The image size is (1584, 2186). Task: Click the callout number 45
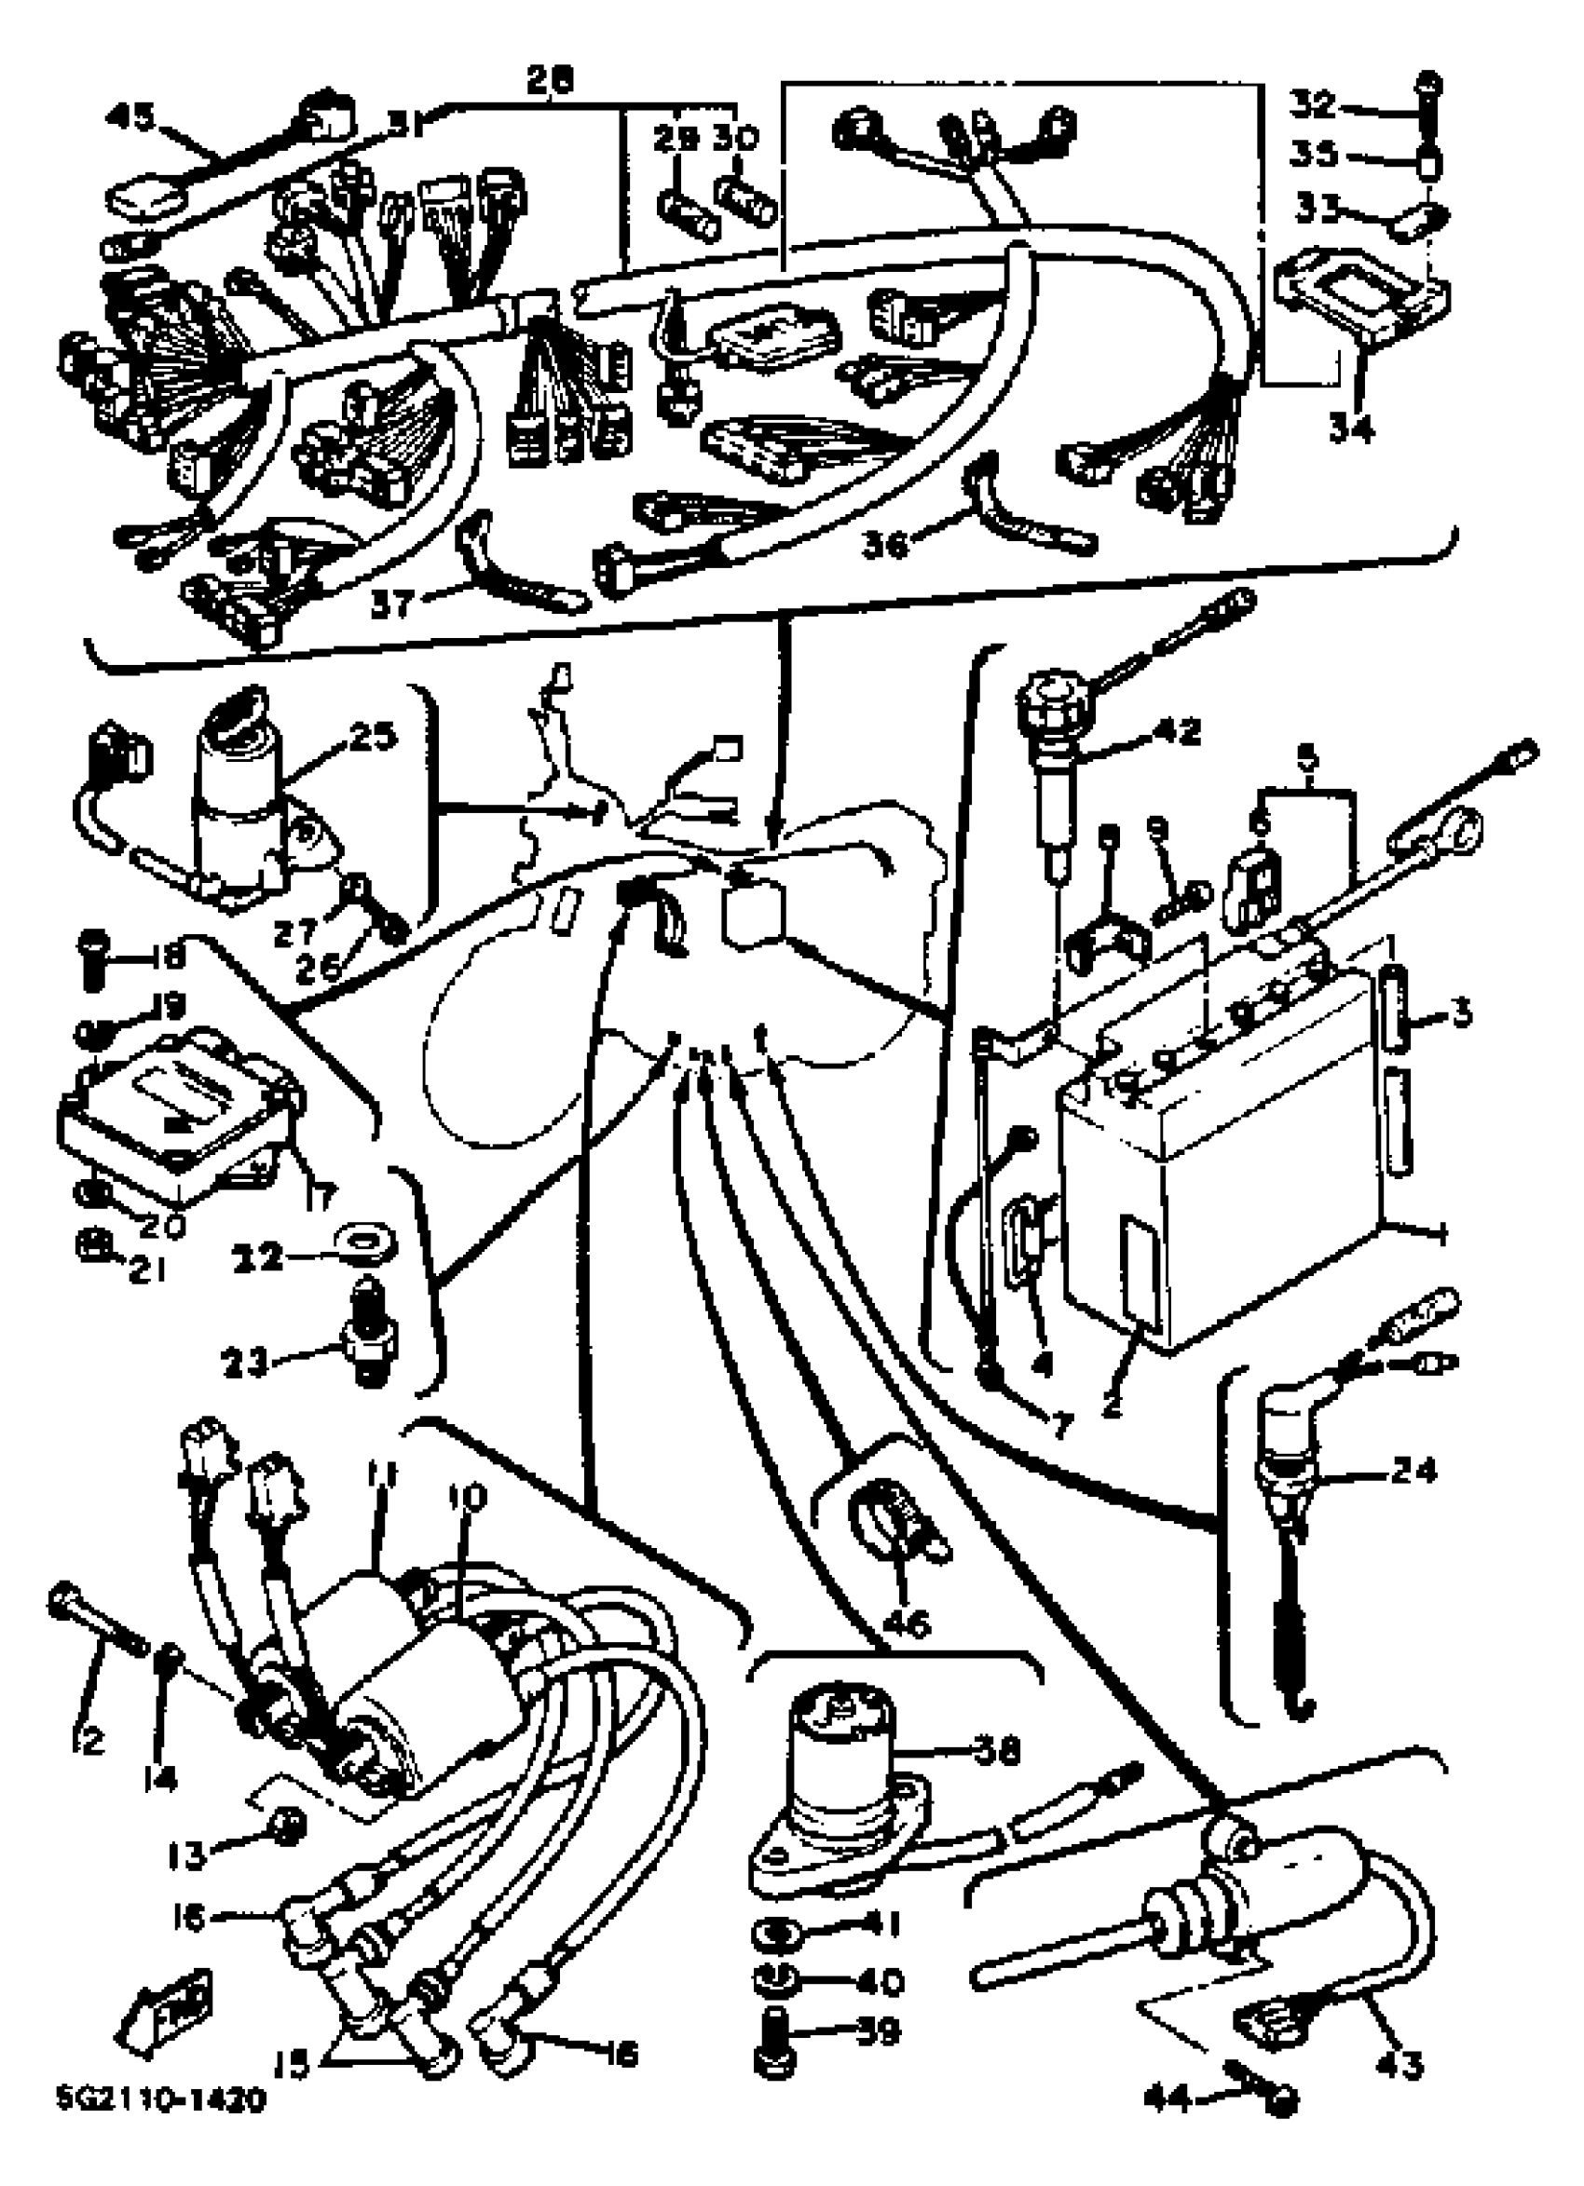tap(130, 118)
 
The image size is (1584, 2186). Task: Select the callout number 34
tap(1351, 425)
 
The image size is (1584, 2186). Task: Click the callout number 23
tap(244, 1364)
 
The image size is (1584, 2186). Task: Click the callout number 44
tap(1169, 2118)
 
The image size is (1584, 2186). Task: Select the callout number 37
tap(390, 604)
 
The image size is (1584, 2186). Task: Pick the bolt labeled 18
tap(92, 961)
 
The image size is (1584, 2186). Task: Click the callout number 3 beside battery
tap(1461, 1015)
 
